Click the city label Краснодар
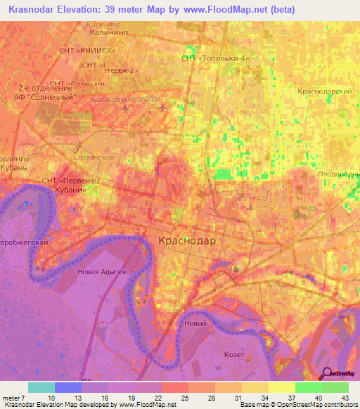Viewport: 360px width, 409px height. (x=188, y=240)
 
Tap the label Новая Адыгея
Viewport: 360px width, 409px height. (x=103, y=272)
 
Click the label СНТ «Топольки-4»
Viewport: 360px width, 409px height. (x=216, y=58)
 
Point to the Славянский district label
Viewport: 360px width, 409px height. (x=94, y=157)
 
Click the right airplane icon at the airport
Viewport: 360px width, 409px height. (x=164, y=108)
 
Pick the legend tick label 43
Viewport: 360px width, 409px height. (x=344, y=398)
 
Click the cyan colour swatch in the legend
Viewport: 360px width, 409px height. (x=41, y=387)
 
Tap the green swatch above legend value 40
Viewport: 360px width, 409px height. (x=308, y=387)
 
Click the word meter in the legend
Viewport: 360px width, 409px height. (x=11, y=398)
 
